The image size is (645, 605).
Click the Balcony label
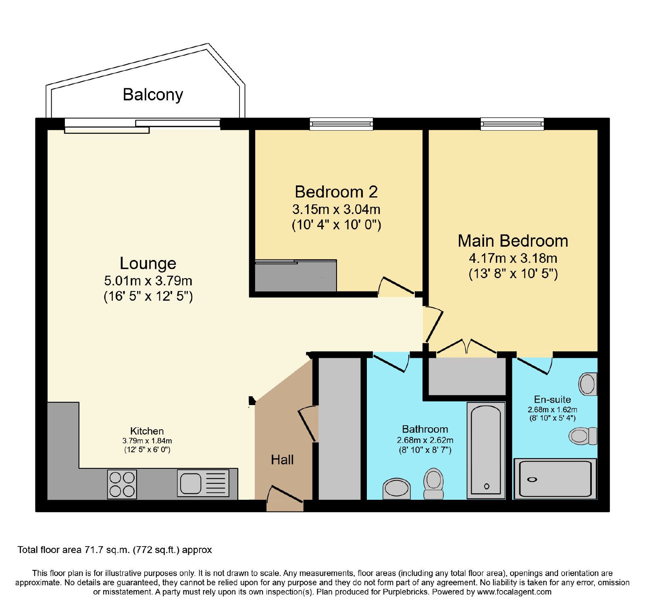(x=153, y=95)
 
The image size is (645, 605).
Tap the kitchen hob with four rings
(x=122, y=484)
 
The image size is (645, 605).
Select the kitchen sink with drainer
(x=203, y=483)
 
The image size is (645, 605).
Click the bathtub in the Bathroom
(x=486, y=450)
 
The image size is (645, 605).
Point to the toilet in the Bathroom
(x=433, y=483)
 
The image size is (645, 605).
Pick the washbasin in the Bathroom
(x=397, y=488)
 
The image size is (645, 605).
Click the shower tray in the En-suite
(x=555, y=479)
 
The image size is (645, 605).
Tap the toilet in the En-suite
(x=583, y=436)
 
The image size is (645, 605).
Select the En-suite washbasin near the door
(x=588, y=384)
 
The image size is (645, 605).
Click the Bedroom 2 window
(x=341, y=124)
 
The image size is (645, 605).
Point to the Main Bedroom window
(x=512, y=124)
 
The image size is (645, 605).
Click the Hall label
(x=282, y=460)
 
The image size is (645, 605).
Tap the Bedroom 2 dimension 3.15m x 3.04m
(x=336, y=210)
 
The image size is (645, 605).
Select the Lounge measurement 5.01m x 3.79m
(x=148, y=281)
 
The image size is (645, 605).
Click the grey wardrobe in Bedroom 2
(x=295, y=276)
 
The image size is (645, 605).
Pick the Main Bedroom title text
(x=513, y=241)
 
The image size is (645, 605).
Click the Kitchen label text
(x=147, y=431)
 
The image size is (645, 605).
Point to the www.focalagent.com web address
(x=514, y=592)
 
